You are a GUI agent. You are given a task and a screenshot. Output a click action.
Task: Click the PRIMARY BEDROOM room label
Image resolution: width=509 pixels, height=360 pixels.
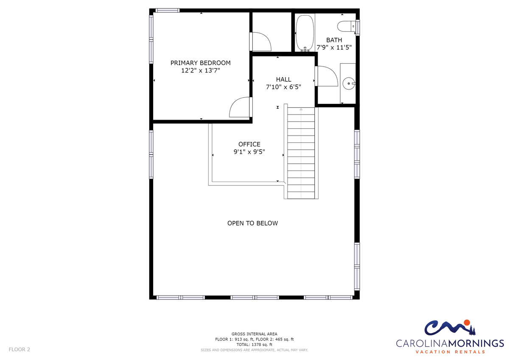pyautogui.click(x=200, y=63)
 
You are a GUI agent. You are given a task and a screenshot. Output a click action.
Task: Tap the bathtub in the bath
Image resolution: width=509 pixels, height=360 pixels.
pyautogui.click(x=305, y=33)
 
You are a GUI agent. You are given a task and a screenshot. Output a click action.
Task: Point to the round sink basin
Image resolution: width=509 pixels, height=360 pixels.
pyautogui.click(x=348, y=84)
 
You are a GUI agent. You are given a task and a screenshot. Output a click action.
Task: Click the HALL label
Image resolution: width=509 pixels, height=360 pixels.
pyautogui.click(x=283, y=79)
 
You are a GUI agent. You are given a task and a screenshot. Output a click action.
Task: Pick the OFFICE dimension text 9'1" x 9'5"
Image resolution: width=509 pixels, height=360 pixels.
pyautogui.click(x=249, y=152)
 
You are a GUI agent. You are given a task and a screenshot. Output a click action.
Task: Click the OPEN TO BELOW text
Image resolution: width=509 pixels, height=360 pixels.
pyautogui.click(x=252, y=223)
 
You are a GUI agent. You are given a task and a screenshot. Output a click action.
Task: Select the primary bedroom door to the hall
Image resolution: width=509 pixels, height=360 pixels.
pyautogui.click(x=241, y=107)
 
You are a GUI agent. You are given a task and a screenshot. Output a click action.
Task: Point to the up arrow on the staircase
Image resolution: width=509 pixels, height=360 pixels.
pyautogui.click(x=301, y=109)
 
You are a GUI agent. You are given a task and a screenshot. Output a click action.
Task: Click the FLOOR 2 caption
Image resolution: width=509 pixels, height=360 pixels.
pyautogui.click(x=20, y=349)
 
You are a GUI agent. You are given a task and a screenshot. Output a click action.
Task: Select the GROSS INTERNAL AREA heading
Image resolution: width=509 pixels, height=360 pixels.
pyautogui.click(x=254, y=334)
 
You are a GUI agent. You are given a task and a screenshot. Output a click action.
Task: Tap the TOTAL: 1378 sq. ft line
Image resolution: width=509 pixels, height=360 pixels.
pyautogui.click(x=254, y=345)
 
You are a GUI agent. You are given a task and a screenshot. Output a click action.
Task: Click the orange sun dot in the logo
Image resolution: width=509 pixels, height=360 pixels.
pyautogui.click(x=467, y=323)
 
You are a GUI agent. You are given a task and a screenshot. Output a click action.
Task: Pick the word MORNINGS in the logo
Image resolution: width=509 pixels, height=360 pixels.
pyautogui.click(x=476, y=343)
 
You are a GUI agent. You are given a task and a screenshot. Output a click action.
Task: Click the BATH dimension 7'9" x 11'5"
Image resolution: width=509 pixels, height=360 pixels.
pyautogui.click(x=334, y=47)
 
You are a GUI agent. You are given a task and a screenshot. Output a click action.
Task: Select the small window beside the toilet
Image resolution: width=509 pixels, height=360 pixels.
pyautogui.click(x=358, y=28)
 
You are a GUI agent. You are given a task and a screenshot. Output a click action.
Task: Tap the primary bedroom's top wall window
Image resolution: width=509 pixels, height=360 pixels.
pyautogui.click(x=168, y=11)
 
